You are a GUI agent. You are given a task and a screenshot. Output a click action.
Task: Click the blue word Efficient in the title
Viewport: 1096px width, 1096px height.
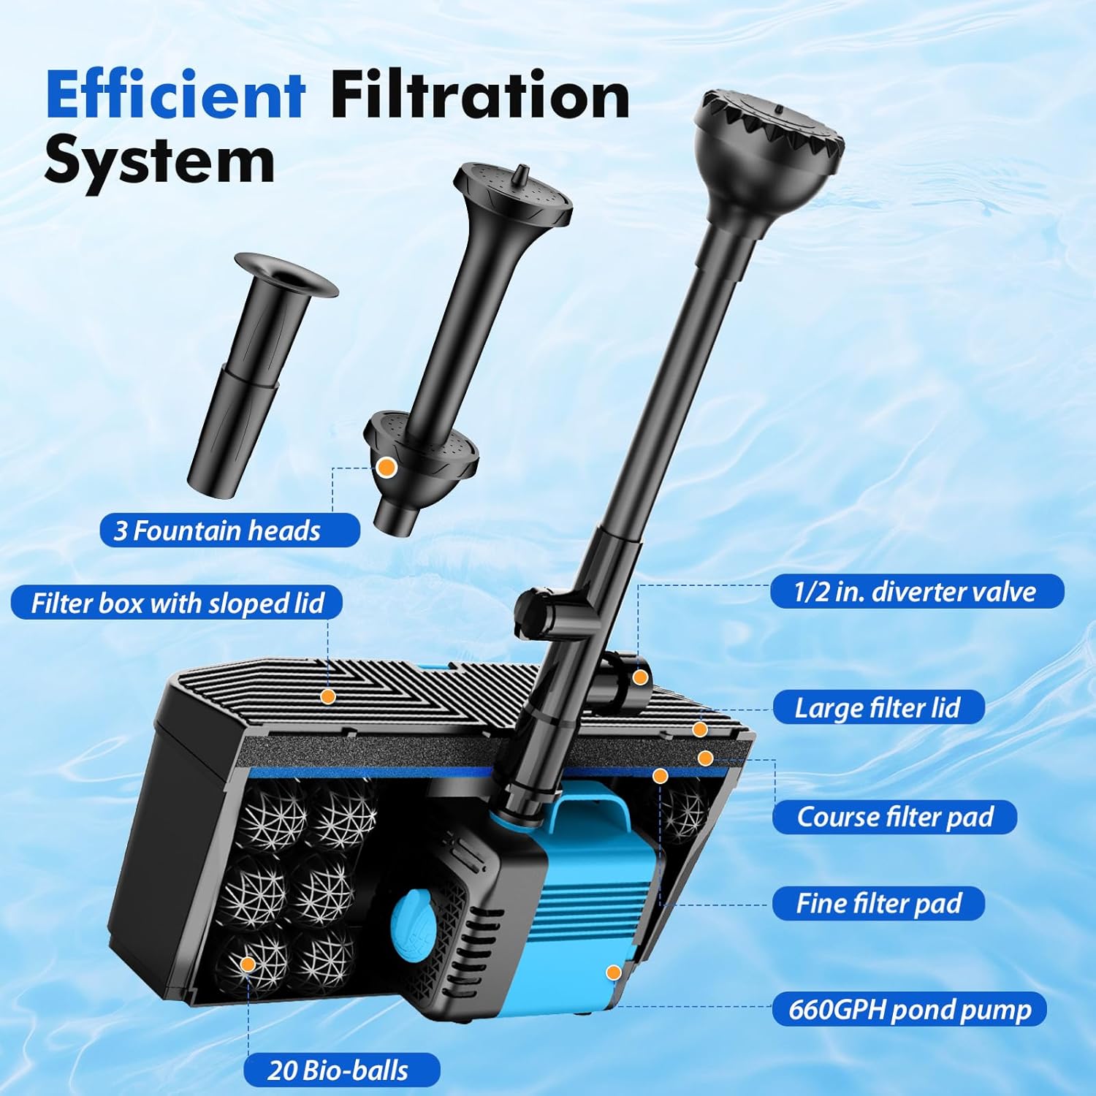(x=175, y=95)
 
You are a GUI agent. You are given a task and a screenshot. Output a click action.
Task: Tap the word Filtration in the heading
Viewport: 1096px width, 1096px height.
(x=480, y=95)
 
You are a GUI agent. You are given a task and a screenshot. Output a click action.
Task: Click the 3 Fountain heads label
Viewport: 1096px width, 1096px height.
(x=229, y=530)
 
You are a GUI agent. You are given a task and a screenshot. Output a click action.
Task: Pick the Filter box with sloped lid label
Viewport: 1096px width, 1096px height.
(x=177, y=604)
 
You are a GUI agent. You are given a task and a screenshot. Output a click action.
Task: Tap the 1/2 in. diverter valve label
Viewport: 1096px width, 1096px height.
(x=917, y=591)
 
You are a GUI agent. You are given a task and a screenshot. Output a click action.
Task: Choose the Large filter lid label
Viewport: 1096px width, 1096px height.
(x=878, y=707)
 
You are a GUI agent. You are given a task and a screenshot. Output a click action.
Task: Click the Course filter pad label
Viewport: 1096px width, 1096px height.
(x=894, y=817)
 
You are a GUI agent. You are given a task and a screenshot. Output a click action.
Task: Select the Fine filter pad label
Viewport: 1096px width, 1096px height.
(x=878, y=904)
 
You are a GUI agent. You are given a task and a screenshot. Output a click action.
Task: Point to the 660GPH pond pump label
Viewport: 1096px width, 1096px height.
(x=910, y=1010)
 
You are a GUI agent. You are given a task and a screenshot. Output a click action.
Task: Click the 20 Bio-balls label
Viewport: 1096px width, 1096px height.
(x=341, y=1070)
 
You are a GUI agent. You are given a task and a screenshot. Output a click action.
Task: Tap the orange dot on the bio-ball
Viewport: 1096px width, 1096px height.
(x=248, y=964)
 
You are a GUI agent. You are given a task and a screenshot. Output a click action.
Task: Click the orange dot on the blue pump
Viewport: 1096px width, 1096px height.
(x=614, y=973)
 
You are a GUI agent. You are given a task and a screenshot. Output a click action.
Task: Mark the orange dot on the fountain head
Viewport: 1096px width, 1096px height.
(x=387, y=467)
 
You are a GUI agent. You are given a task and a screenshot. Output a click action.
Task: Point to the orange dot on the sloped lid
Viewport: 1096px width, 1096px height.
(x=328, y=696)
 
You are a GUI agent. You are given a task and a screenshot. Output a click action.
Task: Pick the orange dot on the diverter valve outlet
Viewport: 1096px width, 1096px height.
(x=640, y=677)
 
